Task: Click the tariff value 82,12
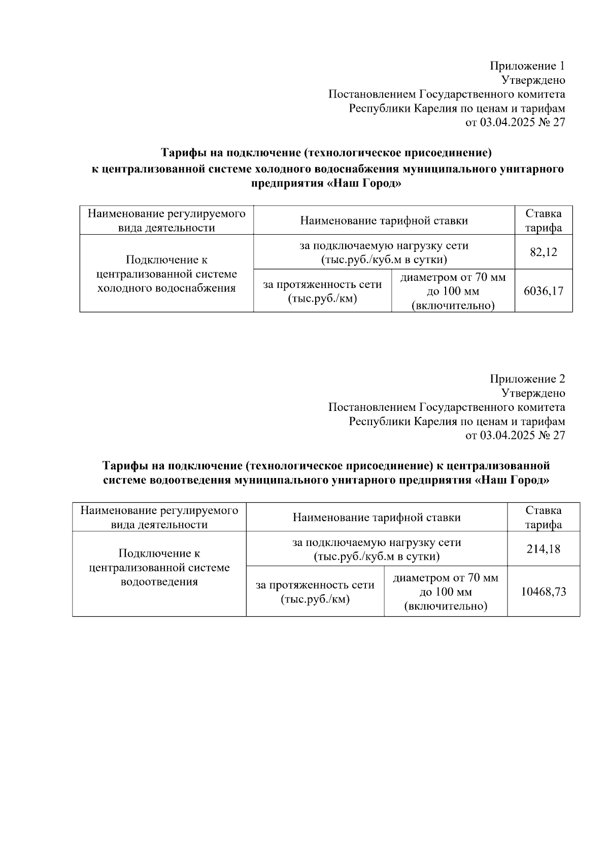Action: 544,252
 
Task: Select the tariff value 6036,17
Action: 544,291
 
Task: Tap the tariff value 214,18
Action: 544,549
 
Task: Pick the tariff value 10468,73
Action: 544,592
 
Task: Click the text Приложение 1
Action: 527,66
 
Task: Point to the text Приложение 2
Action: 527,379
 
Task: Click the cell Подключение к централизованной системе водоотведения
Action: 159,567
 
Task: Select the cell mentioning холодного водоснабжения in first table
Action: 166,274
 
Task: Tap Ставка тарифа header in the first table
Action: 544,220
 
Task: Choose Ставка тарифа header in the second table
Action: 544,517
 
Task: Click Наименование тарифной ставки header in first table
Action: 384,220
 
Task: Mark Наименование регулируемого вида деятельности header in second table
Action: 159,517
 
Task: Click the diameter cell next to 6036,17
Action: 453,291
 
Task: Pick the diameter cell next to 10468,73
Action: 446,592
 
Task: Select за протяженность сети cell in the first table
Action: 322,291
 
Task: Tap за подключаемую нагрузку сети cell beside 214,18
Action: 377,549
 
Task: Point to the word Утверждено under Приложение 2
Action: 533,393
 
